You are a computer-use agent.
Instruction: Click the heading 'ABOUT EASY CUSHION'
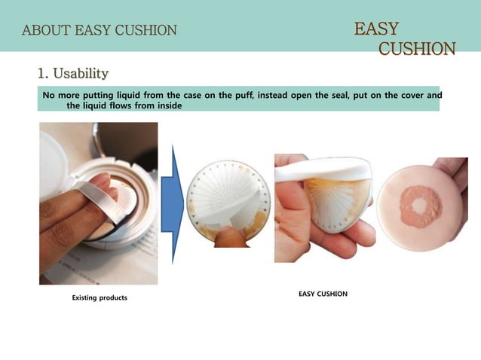point(100,31)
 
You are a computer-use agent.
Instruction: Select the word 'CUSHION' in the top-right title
point(416,49)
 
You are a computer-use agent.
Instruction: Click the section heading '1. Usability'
point(73,73)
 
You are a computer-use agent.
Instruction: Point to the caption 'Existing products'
point(100,298)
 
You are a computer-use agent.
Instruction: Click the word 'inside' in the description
point(168,106)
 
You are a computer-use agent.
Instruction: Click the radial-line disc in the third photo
point(335,200)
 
